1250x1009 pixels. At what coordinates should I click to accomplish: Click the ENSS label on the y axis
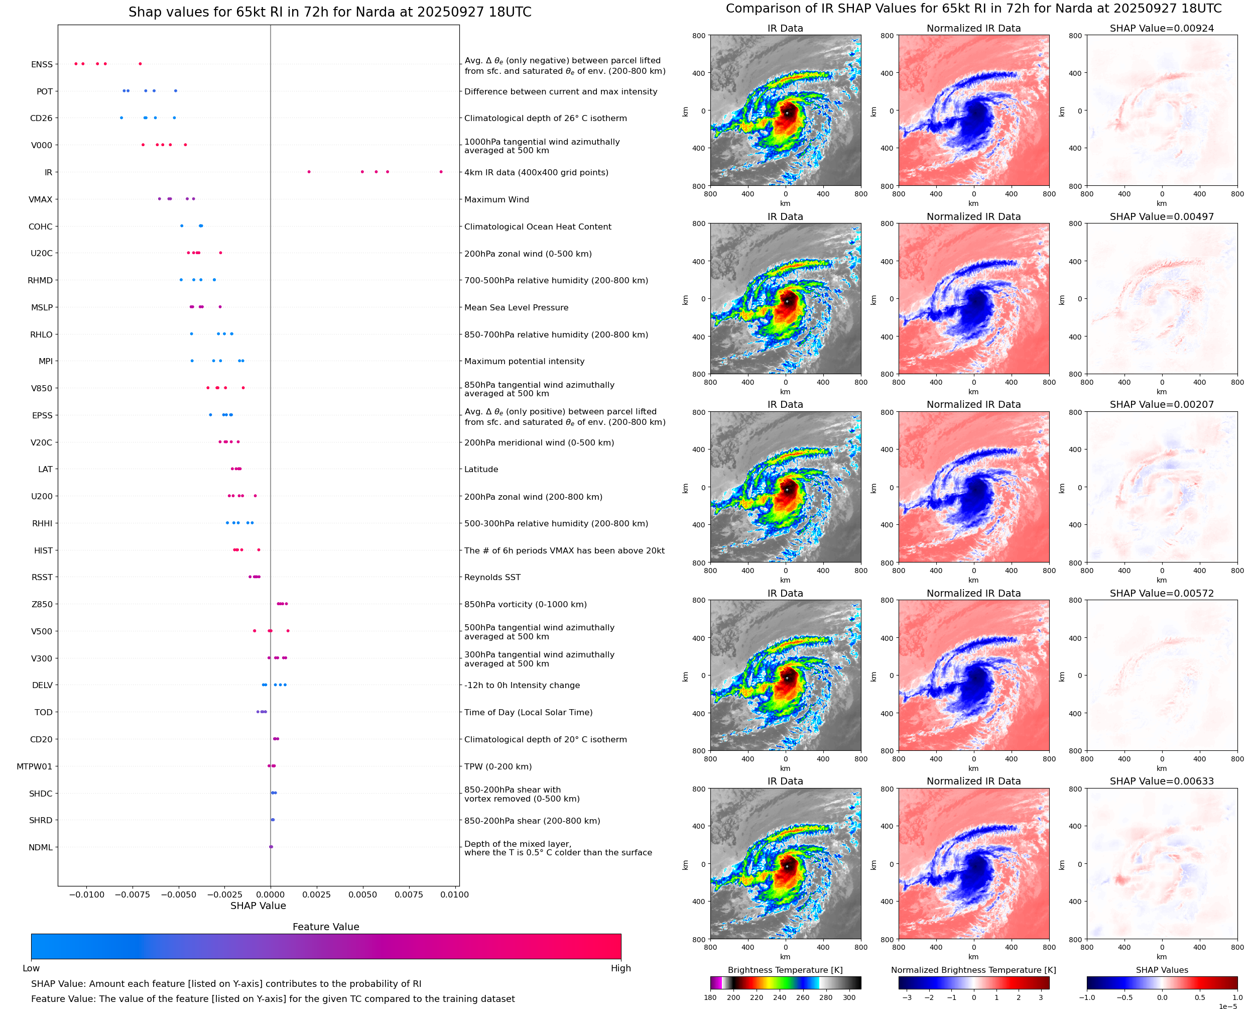click(41, 64)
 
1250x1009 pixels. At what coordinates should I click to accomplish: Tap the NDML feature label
click(40, 847)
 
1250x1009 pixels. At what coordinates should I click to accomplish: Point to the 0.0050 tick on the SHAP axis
click(362, 894)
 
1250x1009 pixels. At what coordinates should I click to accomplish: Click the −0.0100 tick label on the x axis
click(86, 894)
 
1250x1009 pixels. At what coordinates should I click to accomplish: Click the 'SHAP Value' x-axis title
click(258, 906)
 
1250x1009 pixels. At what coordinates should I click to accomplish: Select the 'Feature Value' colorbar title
click(325, 927)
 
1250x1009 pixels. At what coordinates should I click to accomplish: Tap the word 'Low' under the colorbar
click(31, 968)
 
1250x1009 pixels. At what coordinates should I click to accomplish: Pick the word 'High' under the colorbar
click(620, 968)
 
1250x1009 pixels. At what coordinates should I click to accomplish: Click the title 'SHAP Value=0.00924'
click(1162, 28)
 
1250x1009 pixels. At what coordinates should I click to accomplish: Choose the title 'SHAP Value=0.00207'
click(1162, 404)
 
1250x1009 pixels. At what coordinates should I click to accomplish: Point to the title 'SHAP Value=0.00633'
click(1162, 781)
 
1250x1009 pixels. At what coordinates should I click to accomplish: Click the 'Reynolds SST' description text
click(492, 577)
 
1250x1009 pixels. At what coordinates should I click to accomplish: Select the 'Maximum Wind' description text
click(496, 199)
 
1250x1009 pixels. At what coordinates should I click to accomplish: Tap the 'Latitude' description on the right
click(481, 469)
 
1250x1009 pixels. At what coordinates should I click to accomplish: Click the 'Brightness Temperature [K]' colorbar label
click(785, 970)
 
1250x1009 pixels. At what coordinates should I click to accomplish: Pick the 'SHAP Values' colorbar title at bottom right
click(1162, 970)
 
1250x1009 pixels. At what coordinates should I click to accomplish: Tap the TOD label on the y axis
click(43, 712)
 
